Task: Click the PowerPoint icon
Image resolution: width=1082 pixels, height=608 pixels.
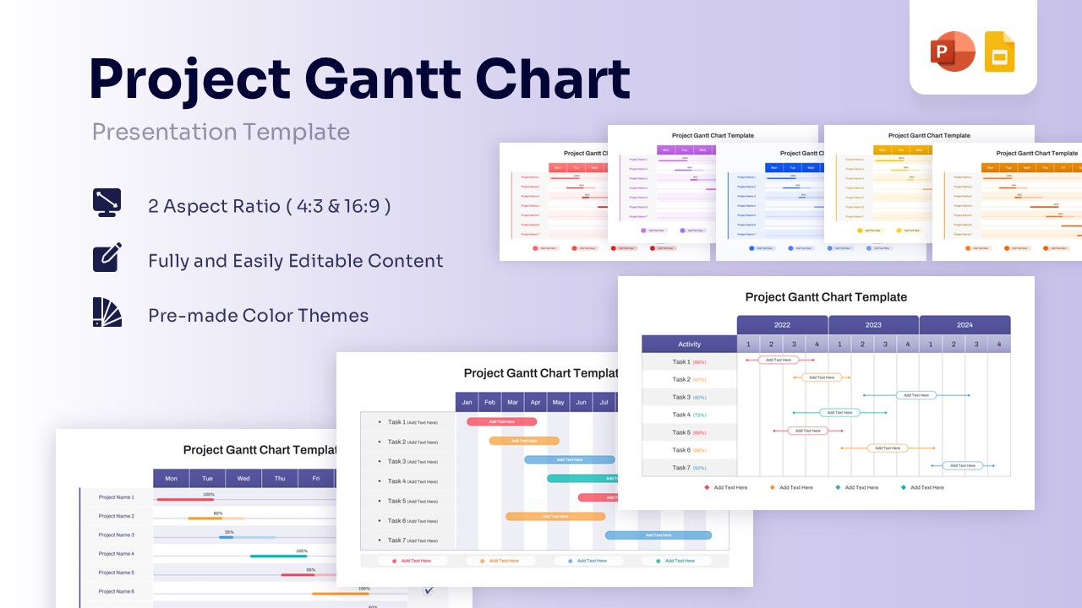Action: (953, 52)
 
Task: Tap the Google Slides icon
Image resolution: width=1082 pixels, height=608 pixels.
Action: (999, 52)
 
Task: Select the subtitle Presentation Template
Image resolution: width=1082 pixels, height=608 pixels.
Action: (221, 132)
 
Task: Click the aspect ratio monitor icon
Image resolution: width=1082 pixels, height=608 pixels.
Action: (107, 204)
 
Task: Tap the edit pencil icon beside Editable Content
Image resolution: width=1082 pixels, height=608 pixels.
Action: (107, 258)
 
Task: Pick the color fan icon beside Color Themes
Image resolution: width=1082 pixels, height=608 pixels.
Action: (107, 312)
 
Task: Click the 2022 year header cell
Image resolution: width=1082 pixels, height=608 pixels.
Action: (782, 325)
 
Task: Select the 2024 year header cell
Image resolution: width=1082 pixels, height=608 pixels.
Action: (965, 325)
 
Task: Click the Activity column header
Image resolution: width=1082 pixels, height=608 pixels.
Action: (689, 345)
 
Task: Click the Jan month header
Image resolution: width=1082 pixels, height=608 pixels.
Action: (467, 403)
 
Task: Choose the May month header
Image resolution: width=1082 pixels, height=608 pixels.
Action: (558, 403)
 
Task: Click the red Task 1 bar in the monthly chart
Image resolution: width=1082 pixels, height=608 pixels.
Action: (501, 421)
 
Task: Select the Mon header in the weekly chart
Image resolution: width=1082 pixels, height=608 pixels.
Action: (172, 479)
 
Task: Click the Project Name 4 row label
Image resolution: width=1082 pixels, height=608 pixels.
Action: (116, 554)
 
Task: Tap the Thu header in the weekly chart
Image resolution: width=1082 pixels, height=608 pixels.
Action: (279, 479)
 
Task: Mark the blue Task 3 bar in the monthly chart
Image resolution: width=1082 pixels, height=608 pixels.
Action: (569, 460)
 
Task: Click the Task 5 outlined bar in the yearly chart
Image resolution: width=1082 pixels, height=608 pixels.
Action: (807, 431)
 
